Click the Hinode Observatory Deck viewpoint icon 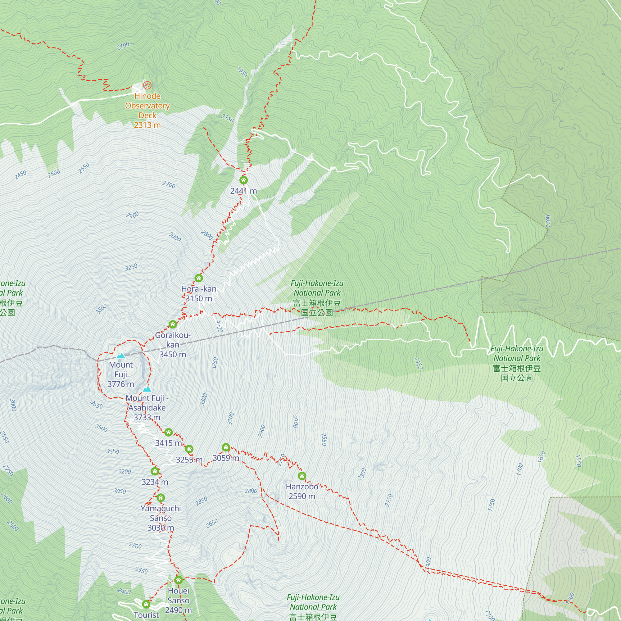(x=147, y=85)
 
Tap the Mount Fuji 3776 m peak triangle (x=120, y=356)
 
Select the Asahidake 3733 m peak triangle (x=147, y=389)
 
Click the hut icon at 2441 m (x=244, y=180)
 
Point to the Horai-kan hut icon (x=199, y=278)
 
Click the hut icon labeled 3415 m (x=168, y=432)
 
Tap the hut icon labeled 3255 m (x=189, y=449)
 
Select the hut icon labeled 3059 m (x=226, y=447)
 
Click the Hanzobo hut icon (x=302, y=476)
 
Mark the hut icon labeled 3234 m (x=155, y=471)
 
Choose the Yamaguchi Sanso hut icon (x=161, y=498)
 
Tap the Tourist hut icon (x=146, y=604)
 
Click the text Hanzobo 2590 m (x=302, y=491)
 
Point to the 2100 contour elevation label (x=123, y=46)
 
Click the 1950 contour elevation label (x=242, y=72)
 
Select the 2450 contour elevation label (x=20, y=175)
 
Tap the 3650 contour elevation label (x=97, y=405)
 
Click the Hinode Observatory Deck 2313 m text (x=147, y=110)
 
